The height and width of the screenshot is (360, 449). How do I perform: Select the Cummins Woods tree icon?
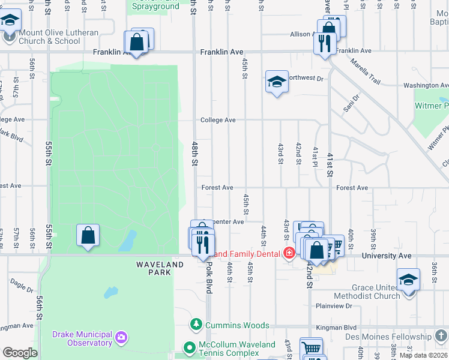coord(196,325)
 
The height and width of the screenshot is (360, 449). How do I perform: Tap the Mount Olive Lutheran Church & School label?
coord(49,37)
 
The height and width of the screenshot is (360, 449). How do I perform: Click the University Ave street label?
coord(387,256)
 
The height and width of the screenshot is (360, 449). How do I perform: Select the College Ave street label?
coord(217,120)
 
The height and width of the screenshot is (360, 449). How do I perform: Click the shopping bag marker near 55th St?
coord(88,235)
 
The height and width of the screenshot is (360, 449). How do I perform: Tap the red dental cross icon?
coord(289,253)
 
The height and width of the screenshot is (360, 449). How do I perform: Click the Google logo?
coord(20,353)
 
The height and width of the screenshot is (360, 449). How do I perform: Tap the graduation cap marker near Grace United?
coord(408,280)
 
